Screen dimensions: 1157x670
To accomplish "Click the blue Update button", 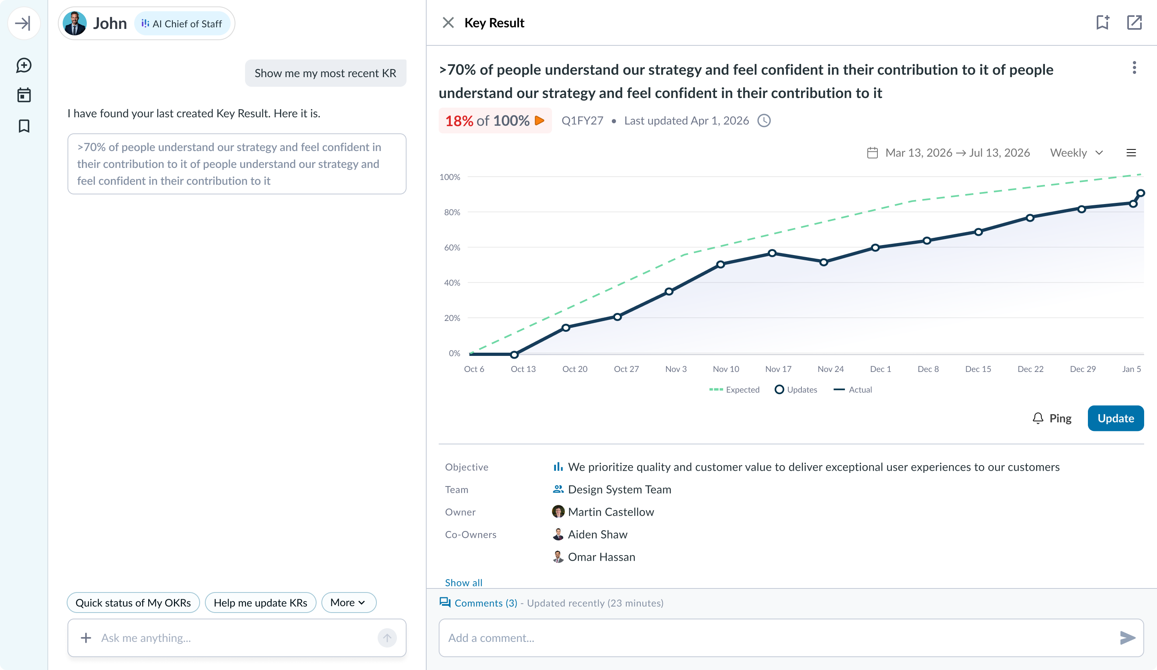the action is point(1115,418).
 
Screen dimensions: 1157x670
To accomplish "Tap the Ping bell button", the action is point(1051,418).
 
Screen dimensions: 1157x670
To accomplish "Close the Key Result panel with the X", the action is point(448,22).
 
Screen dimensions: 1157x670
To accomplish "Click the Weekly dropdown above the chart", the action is point(1076,153).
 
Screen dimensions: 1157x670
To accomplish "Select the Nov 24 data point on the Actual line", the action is point(824,262).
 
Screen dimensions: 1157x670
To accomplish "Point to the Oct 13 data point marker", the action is point(514,354).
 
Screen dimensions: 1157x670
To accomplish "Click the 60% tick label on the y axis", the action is point(452,247).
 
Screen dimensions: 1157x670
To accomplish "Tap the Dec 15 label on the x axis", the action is point(978,369).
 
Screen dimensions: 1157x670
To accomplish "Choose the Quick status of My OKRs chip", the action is point(133,603).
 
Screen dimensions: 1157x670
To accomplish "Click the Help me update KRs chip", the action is point(260,603).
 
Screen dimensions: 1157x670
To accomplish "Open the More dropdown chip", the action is point(348,603).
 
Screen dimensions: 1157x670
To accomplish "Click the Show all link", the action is point(463,582).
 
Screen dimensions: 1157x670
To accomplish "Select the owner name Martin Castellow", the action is point(611,512).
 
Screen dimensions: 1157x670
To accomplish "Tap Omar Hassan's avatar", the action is point(558,557).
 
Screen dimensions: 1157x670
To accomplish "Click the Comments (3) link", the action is point(486,603).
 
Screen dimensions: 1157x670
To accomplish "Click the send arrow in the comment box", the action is point(1127,637).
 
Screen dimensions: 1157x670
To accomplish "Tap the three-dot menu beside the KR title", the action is point(1134,68).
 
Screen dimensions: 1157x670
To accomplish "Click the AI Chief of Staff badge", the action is point(182,23).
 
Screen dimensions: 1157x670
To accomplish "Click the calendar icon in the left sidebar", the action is point(24,95).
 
